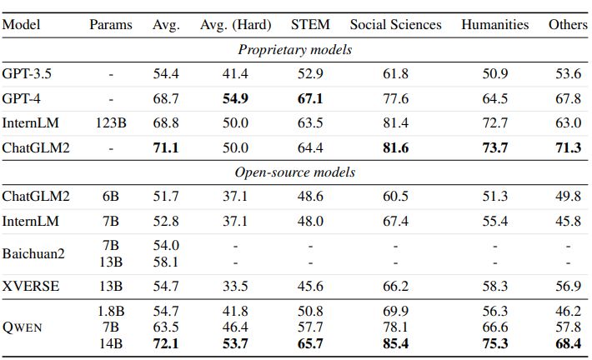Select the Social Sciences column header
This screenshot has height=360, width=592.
(x=395, y=24)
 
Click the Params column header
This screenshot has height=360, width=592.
(x=111, y=24)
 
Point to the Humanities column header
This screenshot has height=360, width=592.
(x=494, y=24)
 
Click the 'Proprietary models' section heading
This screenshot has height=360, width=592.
(x=295, y=49)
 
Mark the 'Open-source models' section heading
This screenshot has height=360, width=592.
(x=295, y=172)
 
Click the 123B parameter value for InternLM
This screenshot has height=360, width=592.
(x=111, y=123)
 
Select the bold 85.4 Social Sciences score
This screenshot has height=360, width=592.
(x=395, y=343)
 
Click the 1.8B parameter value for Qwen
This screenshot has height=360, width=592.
(x=111, y=311)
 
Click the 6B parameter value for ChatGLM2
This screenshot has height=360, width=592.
(x=111, y=197)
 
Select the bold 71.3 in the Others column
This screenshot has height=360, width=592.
(x=568, y=147)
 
